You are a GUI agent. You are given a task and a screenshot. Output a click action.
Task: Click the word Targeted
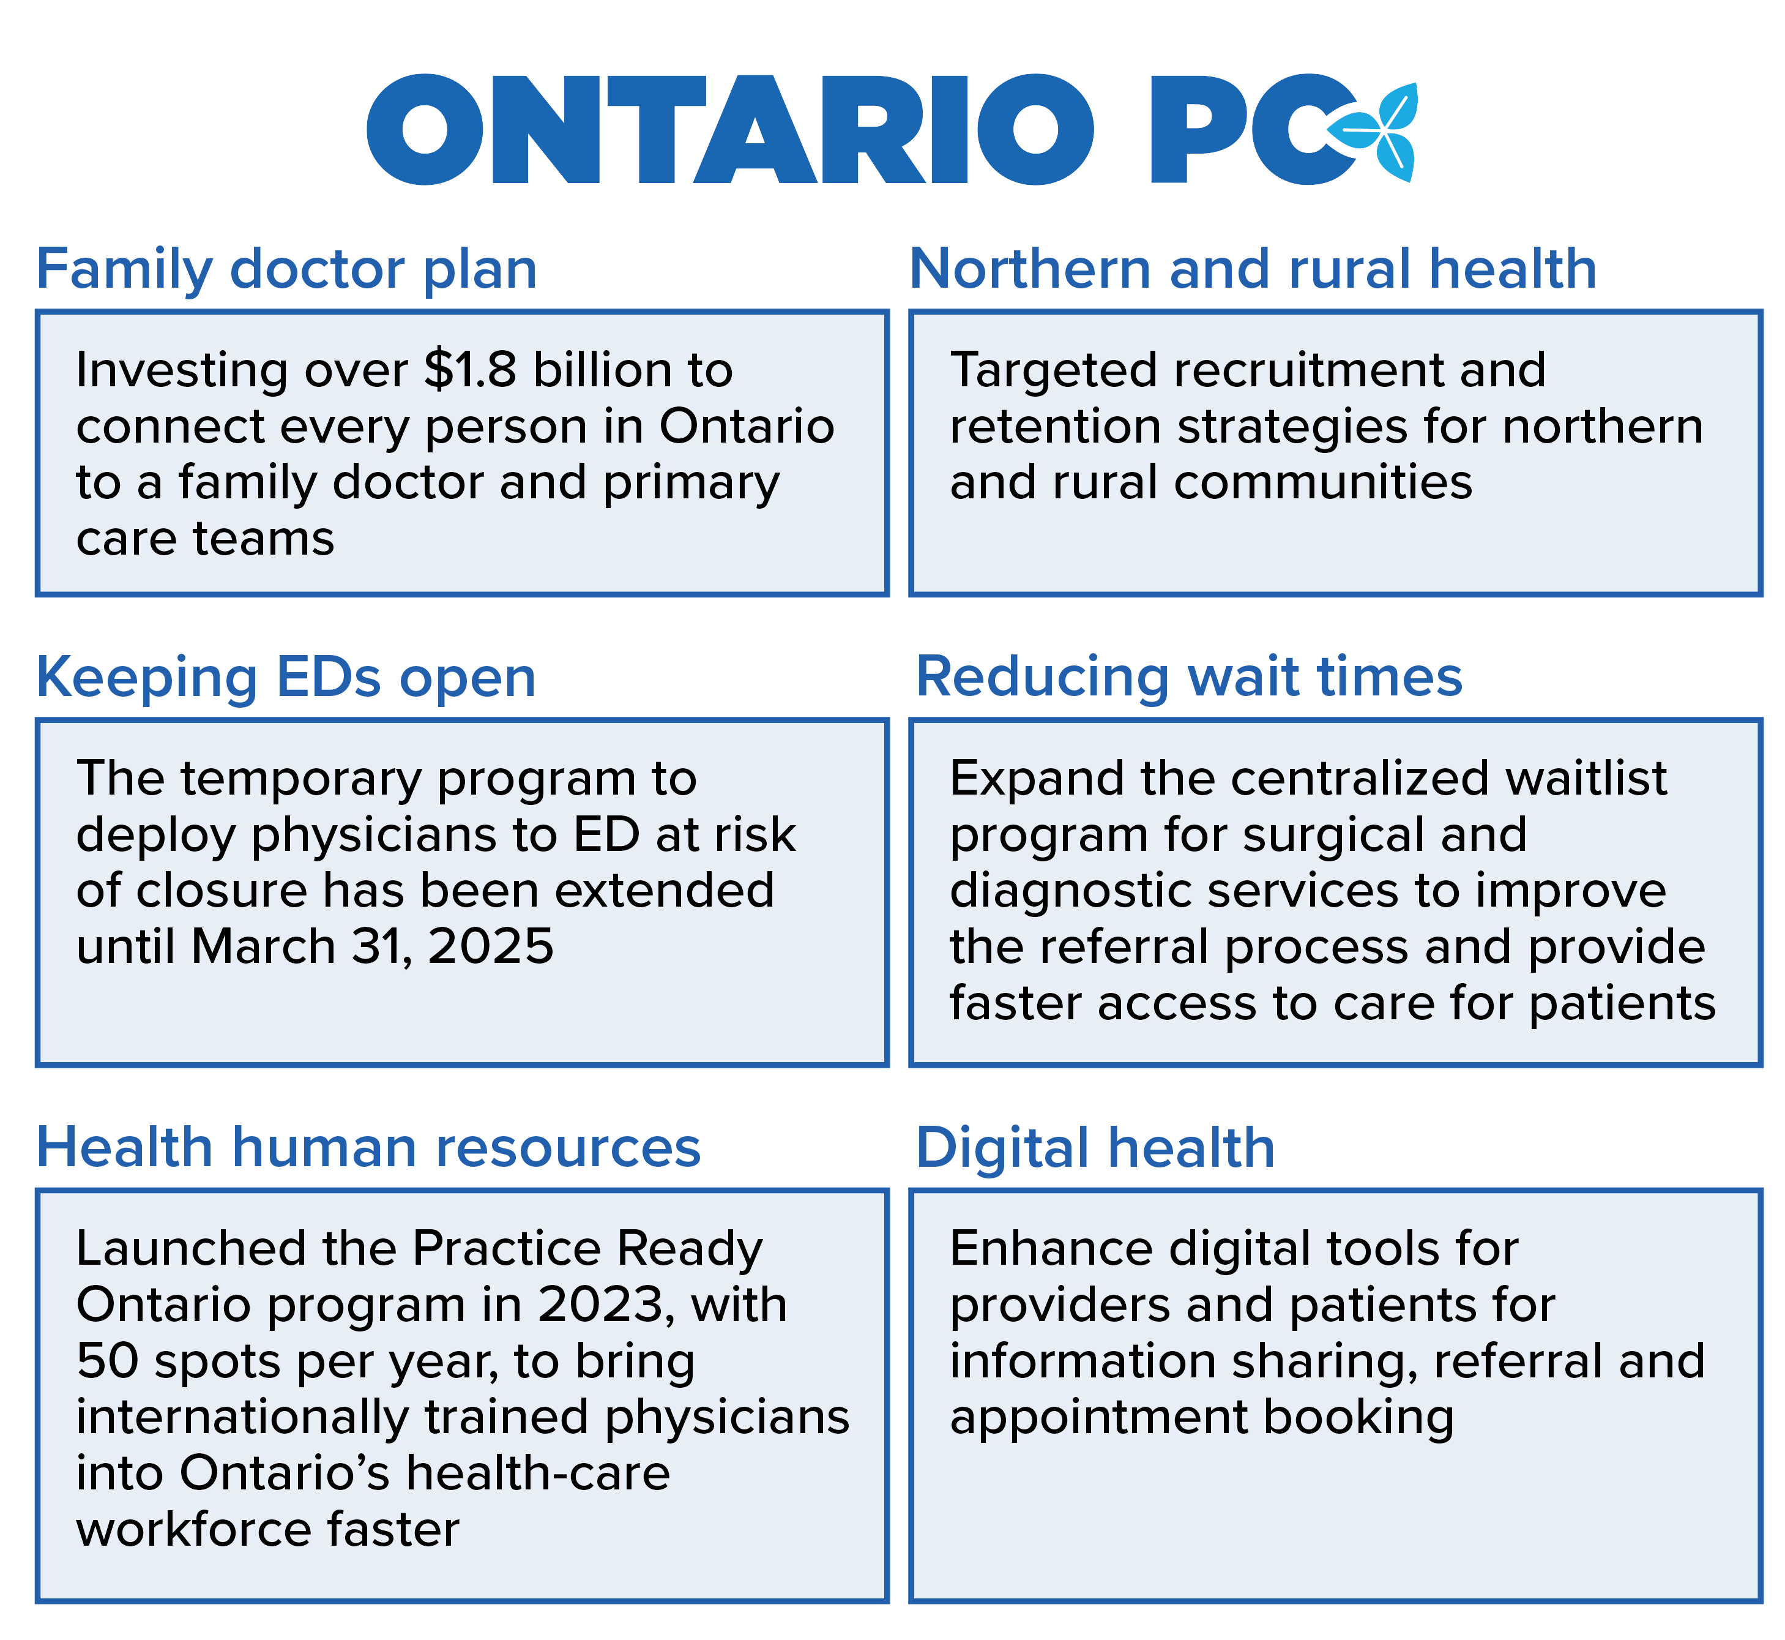(x=1052, y=372)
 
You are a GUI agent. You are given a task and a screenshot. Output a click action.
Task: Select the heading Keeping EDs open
(x=286, y=678)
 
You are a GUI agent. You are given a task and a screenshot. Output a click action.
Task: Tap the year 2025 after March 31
(x=491, y=947)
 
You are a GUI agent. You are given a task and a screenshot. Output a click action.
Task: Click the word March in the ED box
(x=263, y=947)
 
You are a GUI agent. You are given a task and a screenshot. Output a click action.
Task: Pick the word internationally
(x=241, y=1417)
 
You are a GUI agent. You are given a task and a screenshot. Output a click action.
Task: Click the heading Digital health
(x=1095, y=1148)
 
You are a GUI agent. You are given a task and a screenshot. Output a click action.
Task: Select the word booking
(x=1358, y=1417)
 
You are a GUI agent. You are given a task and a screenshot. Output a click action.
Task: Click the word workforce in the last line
(x=193, y=1530)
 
